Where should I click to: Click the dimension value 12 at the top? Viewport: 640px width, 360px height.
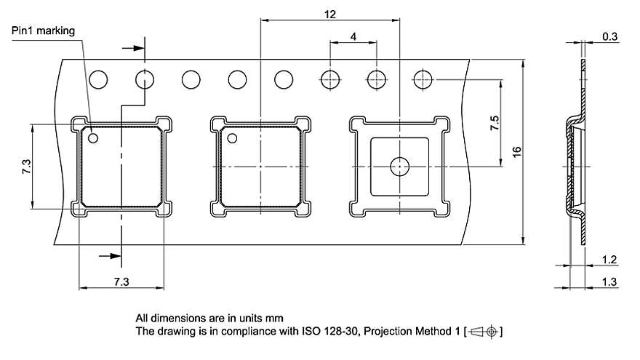[331, 14]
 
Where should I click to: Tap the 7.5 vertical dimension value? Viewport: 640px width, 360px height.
[495, 122]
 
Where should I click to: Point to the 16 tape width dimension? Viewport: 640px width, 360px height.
[516, 152]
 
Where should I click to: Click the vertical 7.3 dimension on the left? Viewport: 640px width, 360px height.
[26, 167]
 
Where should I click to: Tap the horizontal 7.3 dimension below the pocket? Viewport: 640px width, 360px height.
[121, 281]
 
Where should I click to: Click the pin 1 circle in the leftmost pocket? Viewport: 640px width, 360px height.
[93, 137]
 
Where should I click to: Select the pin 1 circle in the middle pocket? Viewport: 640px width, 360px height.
[233, 138]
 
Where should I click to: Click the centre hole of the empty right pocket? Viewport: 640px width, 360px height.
[399, 167]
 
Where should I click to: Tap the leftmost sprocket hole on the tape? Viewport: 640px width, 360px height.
[98, 79]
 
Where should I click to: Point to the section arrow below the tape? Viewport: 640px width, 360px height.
[109, 256]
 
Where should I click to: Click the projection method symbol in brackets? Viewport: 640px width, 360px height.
[486, 332]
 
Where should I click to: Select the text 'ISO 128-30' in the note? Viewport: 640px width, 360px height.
[327, 332]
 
